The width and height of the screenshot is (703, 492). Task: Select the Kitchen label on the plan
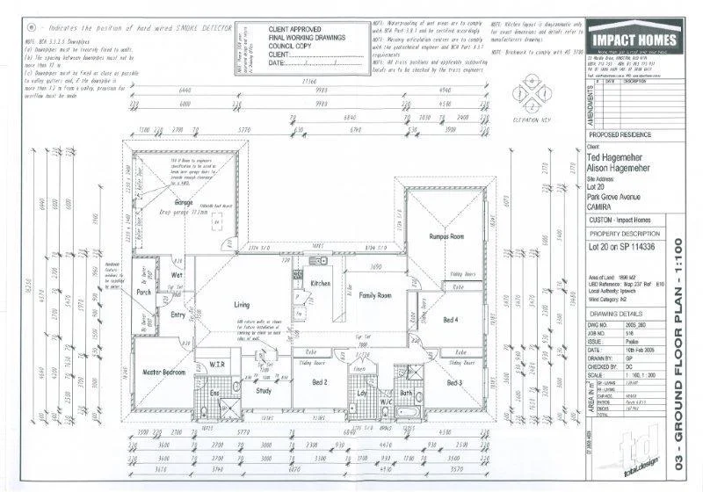321,283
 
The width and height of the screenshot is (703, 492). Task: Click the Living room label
242,304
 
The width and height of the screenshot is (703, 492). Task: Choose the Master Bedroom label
163,373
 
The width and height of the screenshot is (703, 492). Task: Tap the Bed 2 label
321,382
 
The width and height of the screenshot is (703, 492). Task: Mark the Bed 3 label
454,383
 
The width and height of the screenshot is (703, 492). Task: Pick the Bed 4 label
451,319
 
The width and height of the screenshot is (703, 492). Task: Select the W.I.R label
218,364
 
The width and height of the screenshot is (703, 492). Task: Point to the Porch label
145,291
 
